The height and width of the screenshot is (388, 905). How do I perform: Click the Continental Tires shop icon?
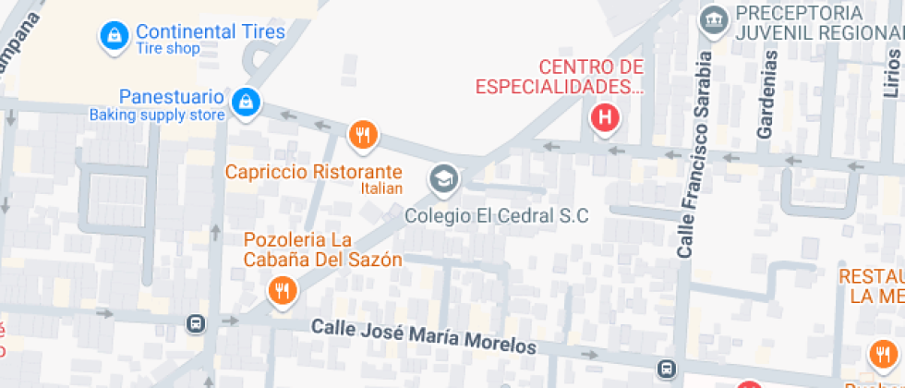[114, 36]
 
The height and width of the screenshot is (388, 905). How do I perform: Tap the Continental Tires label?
[211, 31]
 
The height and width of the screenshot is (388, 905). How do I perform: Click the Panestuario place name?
[172, 97]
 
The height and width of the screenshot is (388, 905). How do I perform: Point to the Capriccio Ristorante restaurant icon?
[364, 135]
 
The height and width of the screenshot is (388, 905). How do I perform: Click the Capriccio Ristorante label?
[315, 172]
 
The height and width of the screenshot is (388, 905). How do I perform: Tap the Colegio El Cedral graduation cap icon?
[444, 178]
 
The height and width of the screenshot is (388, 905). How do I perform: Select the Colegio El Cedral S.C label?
[497, 216]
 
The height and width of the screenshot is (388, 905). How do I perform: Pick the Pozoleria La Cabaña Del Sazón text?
[322, 249]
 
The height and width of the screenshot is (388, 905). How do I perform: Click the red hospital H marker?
[605, 117]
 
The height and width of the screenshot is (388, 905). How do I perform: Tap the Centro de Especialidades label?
[559, 77]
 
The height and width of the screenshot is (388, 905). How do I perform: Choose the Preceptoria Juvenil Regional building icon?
[713, 18]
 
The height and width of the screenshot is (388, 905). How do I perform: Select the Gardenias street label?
[766, 93]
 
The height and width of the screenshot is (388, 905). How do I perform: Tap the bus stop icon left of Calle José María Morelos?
[196, 323]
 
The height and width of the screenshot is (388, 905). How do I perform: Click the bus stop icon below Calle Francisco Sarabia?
[666, 369]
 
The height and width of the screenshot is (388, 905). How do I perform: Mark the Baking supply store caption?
[157, 115]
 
